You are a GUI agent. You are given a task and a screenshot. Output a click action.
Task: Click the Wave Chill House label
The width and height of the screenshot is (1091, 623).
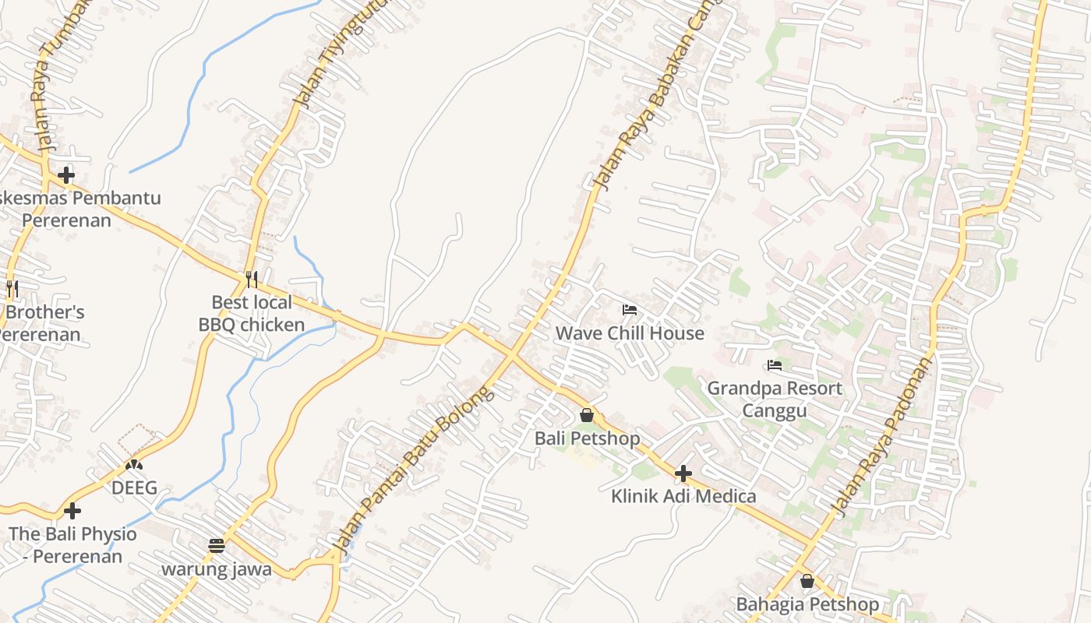[x=630, y=333]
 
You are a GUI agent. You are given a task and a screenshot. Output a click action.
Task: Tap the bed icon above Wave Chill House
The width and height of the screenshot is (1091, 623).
[x=630, y=310]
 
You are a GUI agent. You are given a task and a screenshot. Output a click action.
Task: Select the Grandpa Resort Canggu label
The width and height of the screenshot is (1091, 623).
[x=775, y=399]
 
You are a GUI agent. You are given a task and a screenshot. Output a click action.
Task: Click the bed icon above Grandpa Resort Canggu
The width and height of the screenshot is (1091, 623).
[x=775, y=364]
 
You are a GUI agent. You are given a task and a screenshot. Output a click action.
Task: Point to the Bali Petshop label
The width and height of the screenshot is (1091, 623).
[x=587, y=438]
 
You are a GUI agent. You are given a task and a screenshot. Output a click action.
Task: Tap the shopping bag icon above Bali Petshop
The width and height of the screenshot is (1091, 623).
[x=587, y=415]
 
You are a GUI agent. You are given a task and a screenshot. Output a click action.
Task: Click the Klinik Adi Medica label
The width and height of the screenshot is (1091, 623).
[x=683, y=496]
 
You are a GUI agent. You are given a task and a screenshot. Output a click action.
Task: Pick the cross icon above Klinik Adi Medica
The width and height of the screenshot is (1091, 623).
[x=683, y=473]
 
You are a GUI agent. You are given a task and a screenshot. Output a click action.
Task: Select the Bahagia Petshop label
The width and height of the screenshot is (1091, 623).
[x=807, y=604]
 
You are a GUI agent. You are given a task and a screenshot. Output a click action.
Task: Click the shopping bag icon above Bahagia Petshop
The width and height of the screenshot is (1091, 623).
[x=807, y=581]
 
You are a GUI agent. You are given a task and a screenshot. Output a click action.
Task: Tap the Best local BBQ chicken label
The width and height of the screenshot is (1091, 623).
[x=252, y=313]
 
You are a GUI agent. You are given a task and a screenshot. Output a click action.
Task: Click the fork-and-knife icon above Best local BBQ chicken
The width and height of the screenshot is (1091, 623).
[x=252, y=279]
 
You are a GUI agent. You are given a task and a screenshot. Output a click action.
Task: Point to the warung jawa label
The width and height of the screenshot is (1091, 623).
[x=217, y=569]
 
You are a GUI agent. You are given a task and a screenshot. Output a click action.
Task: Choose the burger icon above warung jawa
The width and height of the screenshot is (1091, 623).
[x=217, y=546]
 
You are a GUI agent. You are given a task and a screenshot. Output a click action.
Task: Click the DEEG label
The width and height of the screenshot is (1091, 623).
[x=134, y=488]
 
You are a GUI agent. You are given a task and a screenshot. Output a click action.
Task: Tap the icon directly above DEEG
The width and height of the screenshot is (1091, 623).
[x=134, y=466]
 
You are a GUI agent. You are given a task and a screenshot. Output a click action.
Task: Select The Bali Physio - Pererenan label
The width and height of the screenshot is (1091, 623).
[x=72, y=545]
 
